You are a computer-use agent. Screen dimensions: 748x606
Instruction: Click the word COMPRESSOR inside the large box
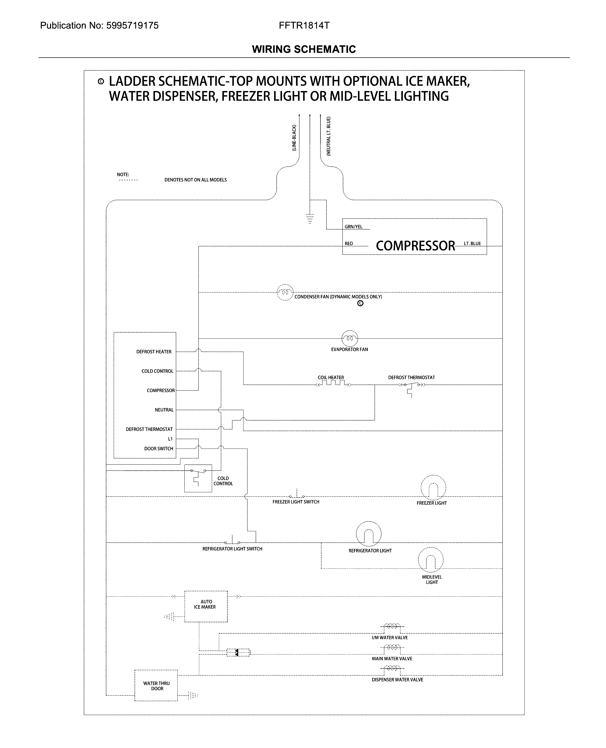tap(415, 246)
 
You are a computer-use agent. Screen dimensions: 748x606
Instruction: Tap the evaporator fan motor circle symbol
tap(349, 338)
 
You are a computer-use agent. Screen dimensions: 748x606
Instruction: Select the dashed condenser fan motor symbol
tap(285, 292)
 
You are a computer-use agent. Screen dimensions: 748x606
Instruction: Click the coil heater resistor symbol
tap(333, 384)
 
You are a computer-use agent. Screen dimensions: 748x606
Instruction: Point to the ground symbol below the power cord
tap(310, 219)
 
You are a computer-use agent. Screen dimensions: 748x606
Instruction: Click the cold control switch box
tap(198, 478)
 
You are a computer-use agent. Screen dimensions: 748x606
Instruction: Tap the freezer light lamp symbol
tap(433, 487)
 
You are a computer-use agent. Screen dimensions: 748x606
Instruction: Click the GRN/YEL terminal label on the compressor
tap(353, 227)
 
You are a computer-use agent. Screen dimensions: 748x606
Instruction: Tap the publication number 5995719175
tap(132, 25)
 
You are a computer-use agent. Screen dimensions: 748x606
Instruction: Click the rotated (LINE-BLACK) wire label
tap(294, 138)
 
